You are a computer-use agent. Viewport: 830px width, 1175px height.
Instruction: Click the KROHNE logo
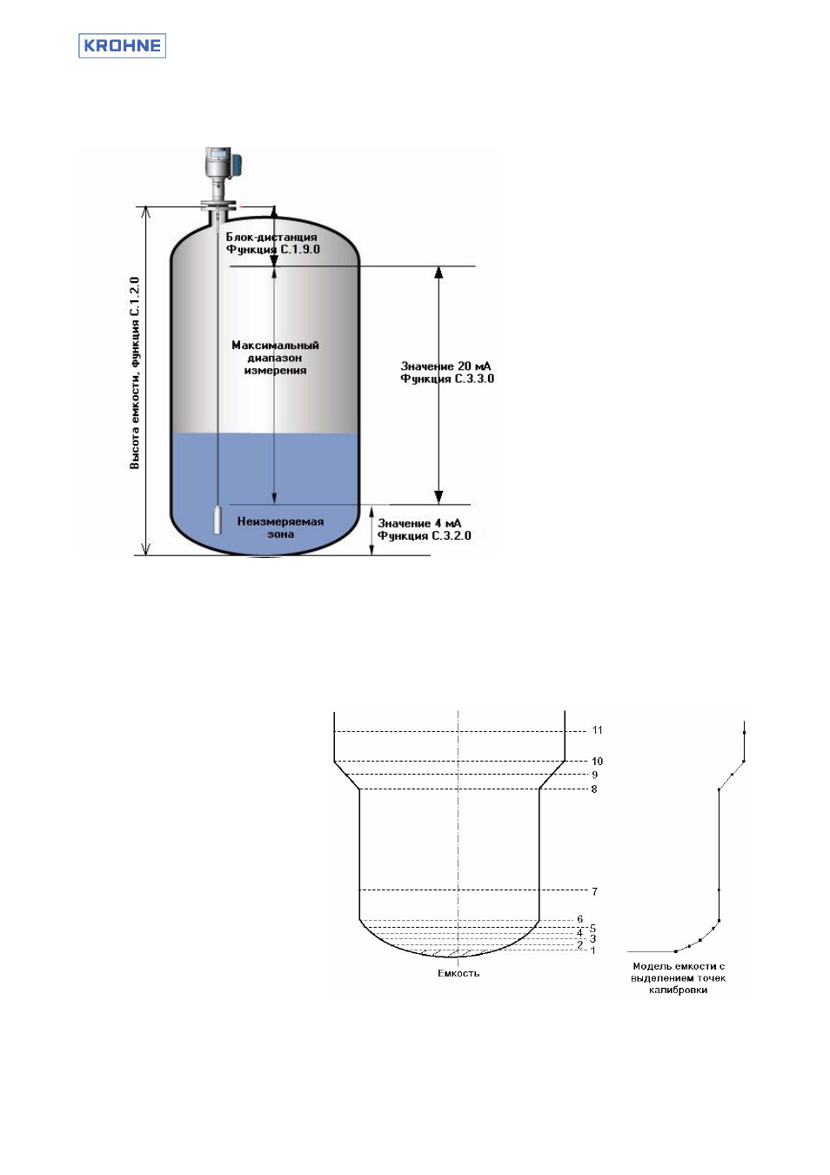[122, 45]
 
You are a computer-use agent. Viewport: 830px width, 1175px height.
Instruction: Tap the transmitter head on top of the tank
[222, 164]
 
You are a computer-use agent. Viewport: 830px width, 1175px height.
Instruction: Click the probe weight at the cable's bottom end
[218, 520]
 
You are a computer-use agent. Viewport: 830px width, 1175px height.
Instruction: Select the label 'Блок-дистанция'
[271, 237]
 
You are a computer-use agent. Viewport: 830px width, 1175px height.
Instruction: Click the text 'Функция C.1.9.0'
[272, 249]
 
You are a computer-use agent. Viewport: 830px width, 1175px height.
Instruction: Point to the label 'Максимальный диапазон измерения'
[275, 358]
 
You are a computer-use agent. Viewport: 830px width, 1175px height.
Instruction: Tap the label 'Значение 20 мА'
[445, 366]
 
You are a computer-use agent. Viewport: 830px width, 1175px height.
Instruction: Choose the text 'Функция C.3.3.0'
[447, 379]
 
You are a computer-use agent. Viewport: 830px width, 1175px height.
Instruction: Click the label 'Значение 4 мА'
[419, 523]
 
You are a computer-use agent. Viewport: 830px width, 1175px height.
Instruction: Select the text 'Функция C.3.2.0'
[425, 535]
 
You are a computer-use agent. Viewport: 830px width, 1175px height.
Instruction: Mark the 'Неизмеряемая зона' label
[280, 527]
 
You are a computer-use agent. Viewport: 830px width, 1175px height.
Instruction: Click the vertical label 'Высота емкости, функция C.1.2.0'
[135, 373]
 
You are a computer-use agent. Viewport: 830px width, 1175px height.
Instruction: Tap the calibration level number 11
[597, 730]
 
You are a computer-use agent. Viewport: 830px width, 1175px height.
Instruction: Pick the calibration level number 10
[597, 761]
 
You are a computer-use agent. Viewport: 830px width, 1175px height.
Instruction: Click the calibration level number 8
[594, 789]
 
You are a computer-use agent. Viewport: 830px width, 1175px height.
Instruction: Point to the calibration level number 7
[594, 891]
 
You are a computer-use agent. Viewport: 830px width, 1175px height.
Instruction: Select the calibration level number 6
[580, 919]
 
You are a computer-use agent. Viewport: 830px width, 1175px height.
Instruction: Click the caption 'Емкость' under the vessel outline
[459, 974]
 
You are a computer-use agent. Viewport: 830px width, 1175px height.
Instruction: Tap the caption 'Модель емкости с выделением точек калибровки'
[679, 977]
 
